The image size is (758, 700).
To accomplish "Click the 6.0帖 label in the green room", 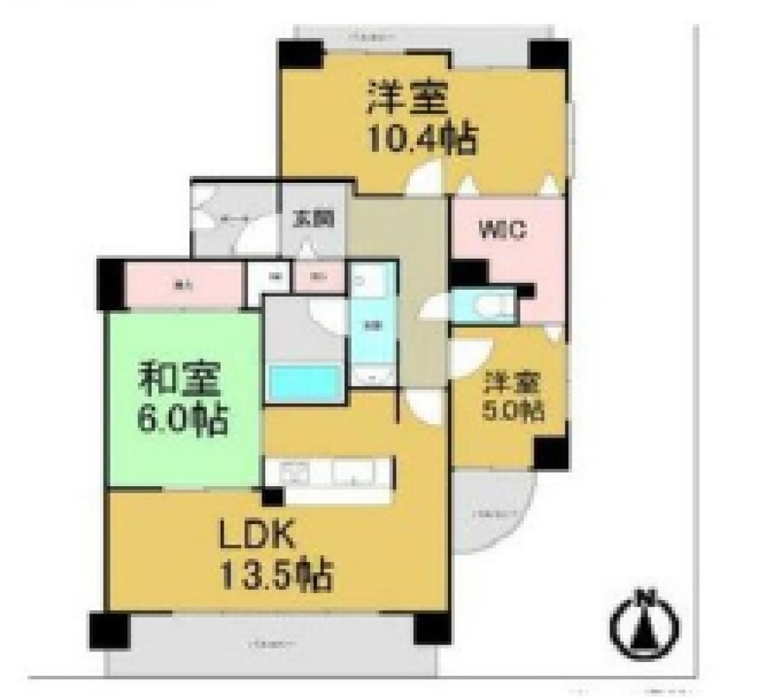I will (x=181, y=419).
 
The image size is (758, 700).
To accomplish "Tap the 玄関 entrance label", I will (x=313, y=219).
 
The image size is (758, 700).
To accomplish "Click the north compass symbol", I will (x=645, y=622).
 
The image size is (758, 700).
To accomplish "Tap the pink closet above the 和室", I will (x=182, y=285).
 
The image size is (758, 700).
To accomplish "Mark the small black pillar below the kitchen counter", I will (x=272, y=497).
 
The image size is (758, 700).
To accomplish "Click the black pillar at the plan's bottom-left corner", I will (x=109, y=629).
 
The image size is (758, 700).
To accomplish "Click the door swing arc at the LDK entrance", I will (x=418, y=406).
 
